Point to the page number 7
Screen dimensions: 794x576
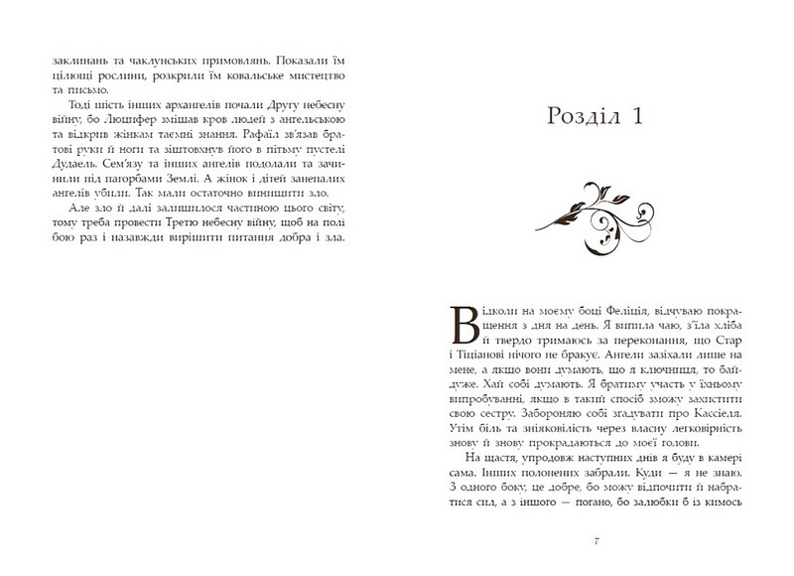(594, 541)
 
